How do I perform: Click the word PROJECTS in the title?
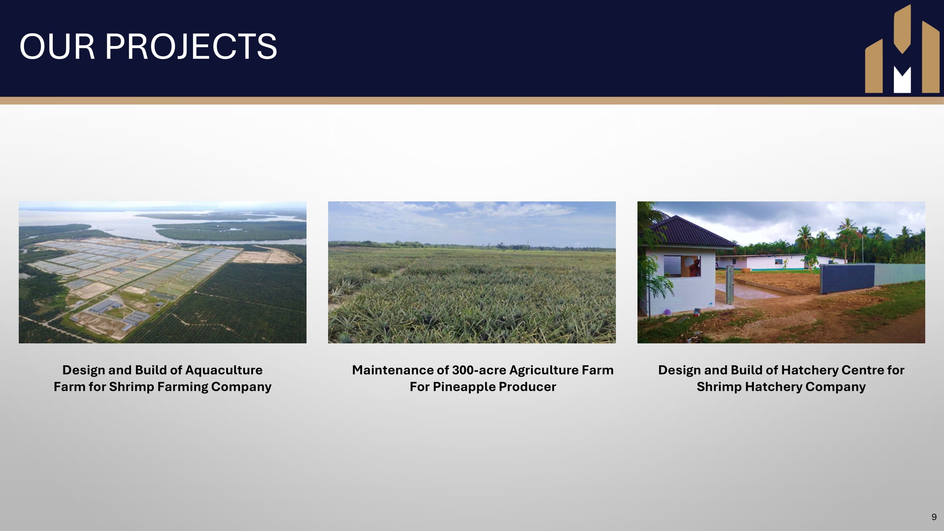(191, 46)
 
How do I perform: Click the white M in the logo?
(902, 80)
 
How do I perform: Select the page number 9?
(934, 517)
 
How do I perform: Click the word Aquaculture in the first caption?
(224, 370)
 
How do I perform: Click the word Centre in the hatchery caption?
(862, 370)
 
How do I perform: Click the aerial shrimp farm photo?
(162, 272)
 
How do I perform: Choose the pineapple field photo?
(471, 272)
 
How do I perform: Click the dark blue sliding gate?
(847, 278)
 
